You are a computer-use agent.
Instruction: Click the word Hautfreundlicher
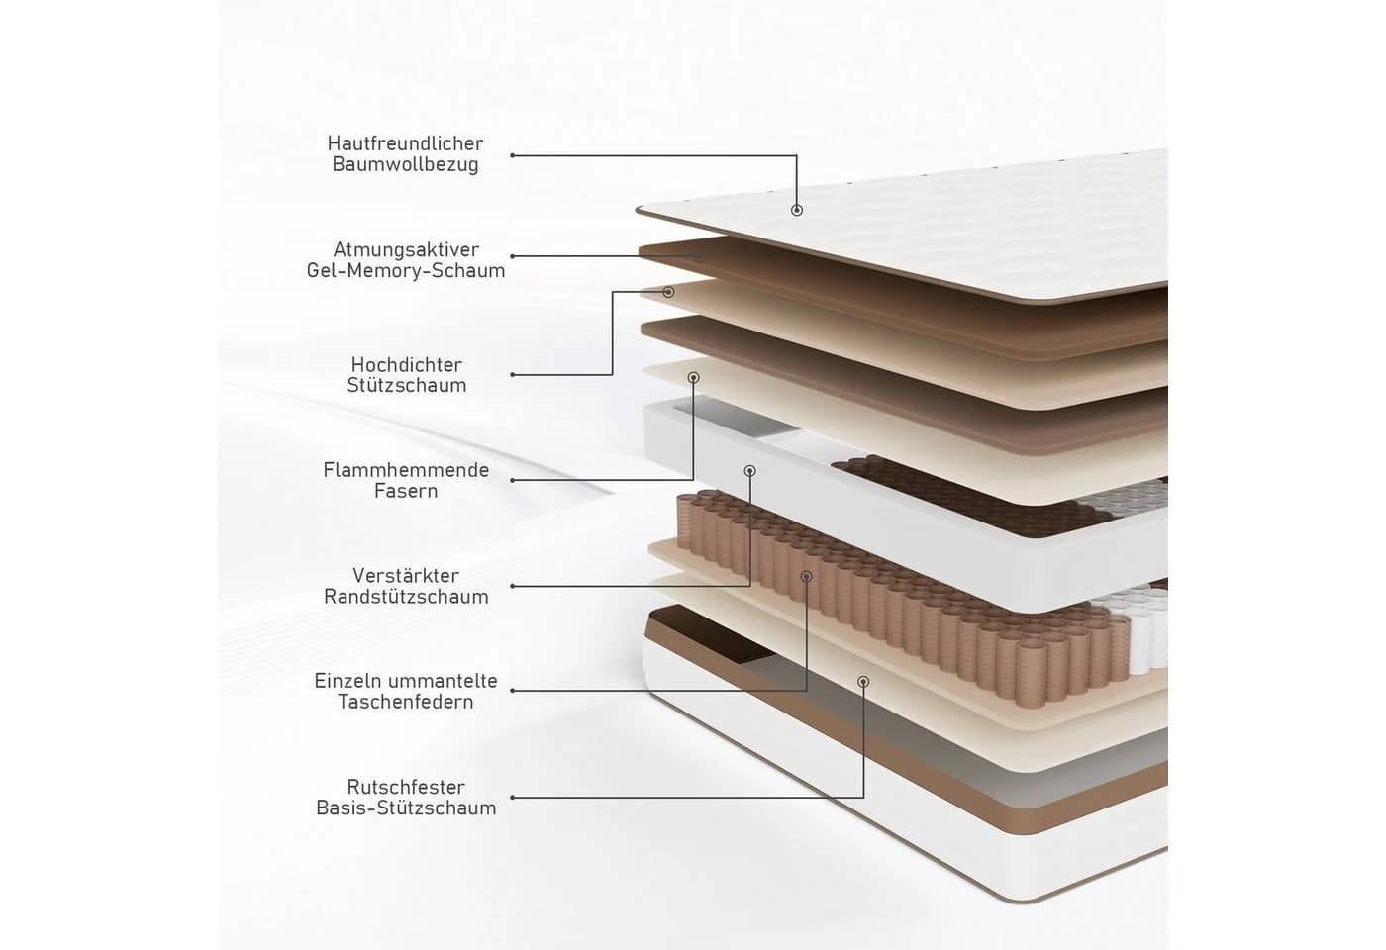(x=405, y=143)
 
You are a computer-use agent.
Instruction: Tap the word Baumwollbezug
(x=405, y=165)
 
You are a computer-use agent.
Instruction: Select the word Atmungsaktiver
(x=406, y=249)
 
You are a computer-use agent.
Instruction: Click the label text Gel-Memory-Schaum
(x=406, y=271)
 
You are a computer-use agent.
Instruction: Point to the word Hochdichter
(x=407, y=365)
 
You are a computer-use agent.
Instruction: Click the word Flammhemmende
(x=406, y=470)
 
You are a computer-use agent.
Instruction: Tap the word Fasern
(x=406, y=491)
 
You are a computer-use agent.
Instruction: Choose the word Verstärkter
(x=406, y=576)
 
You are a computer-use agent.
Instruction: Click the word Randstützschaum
(x=406, y=597)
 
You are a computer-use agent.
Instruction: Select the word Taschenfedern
(x=406, y=702)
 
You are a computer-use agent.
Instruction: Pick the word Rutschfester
(x=406, y=788)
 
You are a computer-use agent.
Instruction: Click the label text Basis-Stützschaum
(x=406, y=808)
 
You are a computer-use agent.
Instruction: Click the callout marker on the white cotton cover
(x=796, y=210)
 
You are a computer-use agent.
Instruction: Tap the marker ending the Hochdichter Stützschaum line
(x=668, y=292)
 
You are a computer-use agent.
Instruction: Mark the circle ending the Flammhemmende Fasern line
(x=694, y=377)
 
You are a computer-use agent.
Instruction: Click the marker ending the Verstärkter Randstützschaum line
(x=750, y=471)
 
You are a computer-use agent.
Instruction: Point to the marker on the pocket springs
(x=806, y=576)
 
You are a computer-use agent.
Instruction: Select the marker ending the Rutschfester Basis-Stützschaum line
(x=863, y=682)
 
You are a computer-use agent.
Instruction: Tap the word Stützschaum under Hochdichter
(x=407, y=386)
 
